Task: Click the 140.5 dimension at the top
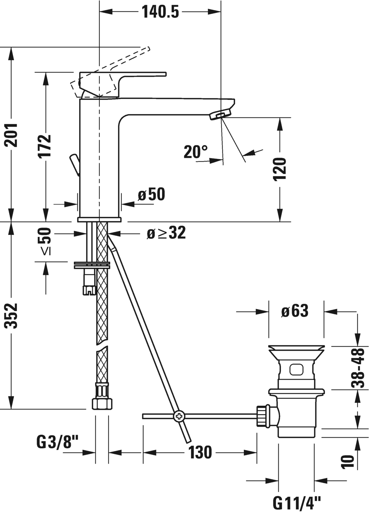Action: tap(160, 12)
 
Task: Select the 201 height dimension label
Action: tap(12, 135)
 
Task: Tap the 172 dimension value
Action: tap(45, 146)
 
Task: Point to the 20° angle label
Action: tap(195, 152)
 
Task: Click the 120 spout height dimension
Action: tap(280, 169)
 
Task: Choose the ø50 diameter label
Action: tap(151, 194)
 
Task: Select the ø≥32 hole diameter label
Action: tap(166, 233)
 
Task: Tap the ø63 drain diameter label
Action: tap(295, 311)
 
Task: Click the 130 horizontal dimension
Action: tap(200, 452)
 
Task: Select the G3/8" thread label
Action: tap(58, 442)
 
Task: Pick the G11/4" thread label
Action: tap(297, 503)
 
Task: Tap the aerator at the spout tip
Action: tap(219, 116)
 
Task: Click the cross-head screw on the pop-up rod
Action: tap(179, 416)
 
